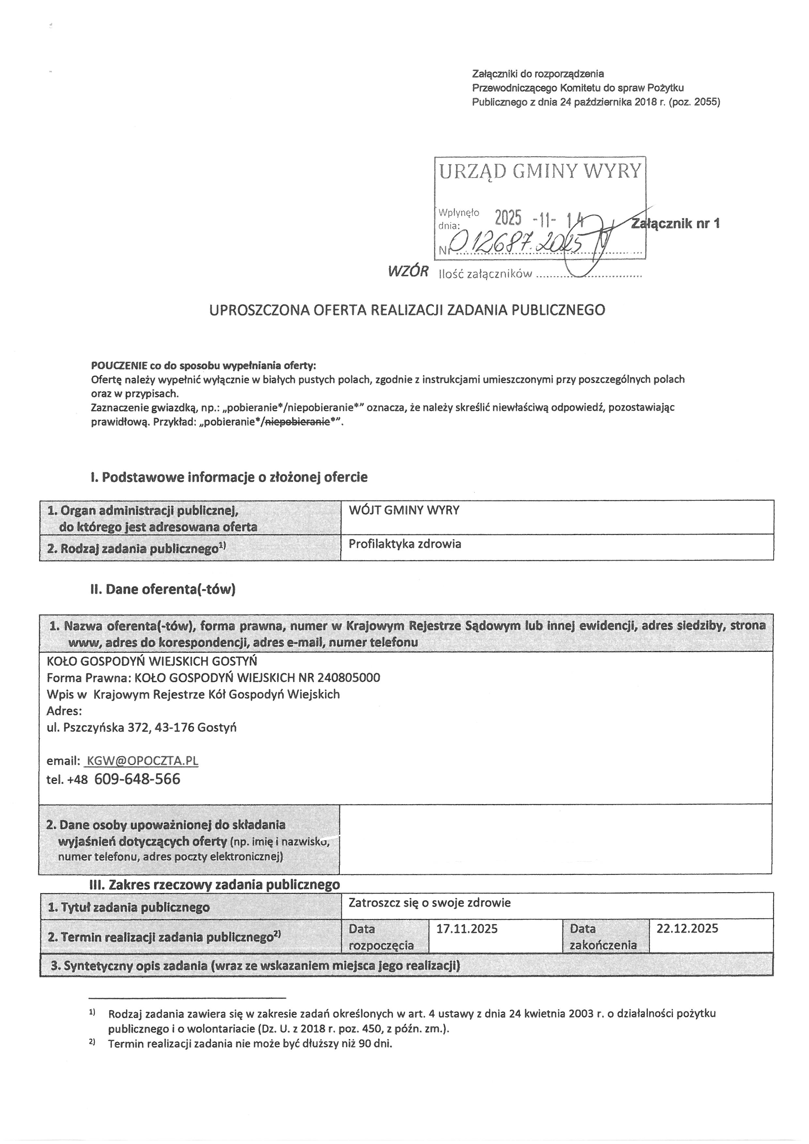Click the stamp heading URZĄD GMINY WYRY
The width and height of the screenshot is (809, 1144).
point(540,171)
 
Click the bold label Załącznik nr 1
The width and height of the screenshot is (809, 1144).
point(675,223)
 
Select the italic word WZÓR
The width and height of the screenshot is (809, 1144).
point(408,271)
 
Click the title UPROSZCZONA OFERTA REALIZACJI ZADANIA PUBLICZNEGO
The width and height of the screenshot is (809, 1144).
point(407,310)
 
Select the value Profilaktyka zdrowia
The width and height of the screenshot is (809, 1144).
point(404,543)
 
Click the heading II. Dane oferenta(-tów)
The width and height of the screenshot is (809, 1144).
point(163,589)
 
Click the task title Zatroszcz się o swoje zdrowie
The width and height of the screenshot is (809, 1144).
point(429,903)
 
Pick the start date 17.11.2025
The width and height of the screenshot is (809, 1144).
point(467,928)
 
